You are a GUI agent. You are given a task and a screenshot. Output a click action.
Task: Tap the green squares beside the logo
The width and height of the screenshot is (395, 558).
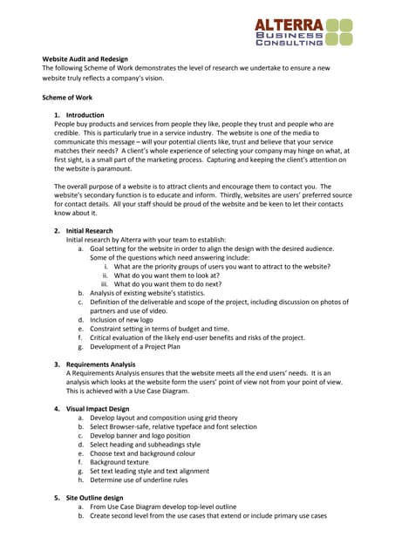tap(338, 32)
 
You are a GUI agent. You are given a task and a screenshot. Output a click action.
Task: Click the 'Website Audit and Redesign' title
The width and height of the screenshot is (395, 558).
tap(85, 59)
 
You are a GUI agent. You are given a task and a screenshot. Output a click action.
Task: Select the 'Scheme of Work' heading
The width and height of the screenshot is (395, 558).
tap(67, 98)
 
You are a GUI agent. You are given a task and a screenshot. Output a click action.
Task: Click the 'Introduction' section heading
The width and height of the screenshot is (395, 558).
tap(85, 115)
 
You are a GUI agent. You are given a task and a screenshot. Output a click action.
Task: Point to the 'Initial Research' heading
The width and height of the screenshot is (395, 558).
tap(89, 231)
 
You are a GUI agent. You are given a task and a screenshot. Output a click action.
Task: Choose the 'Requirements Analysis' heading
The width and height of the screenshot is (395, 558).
tap(101, 363)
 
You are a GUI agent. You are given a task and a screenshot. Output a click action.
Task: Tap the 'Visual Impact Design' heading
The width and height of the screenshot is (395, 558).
tap(98, 408)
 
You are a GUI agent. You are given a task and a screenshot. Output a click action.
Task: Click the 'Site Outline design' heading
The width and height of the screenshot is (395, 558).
tap(95, 498)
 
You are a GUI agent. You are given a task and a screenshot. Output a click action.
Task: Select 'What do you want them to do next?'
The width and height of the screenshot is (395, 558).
tap(174, 284)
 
